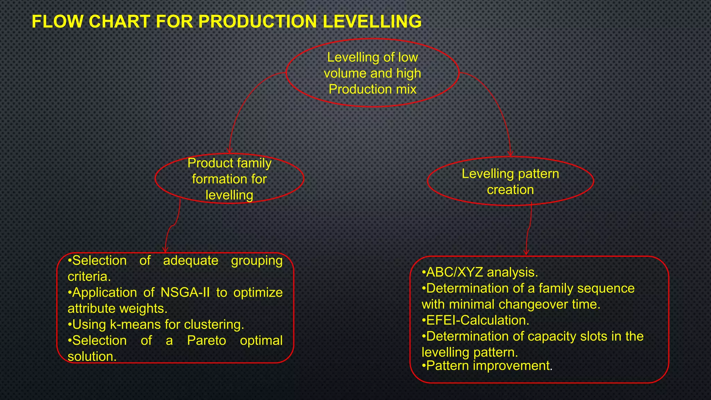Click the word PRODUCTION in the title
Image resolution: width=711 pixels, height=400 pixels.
pos(258,22)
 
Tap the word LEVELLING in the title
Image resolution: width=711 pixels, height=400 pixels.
pos(372,22)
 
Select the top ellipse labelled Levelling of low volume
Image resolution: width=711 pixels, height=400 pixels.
pos(373,73)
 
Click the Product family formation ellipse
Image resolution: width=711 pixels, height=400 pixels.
pos(229,179)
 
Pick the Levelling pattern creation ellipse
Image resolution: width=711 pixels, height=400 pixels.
pos(510,181)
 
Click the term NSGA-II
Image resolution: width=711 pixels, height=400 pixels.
pos(185,292)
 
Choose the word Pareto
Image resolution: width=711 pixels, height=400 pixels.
pos(206,340)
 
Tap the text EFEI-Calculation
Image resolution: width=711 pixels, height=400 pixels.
pos(477,320)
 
